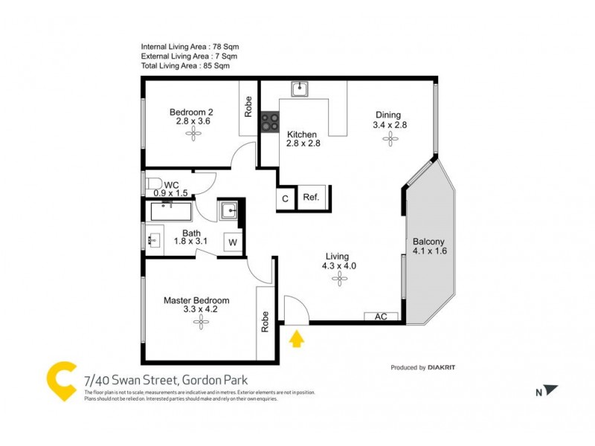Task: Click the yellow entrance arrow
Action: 297,340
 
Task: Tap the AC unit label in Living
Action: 381,316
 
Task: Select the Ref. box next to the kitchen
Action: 311,198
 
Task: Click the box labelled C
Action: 286,198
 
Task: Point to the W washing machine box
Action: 232,242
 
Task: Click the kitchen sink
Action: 300,90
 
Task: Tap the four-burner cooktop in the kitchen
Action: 269,122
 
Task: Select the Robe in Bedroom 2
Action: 248,109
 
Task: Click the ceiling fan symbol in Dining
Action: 387,140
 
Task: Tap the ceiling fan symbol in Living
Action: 340,279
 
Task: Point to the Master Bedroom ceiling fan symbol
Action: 199,320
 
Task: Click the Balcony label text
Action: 428,241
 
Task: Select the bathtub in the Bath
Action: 170,213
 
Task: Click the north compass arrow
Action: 550,390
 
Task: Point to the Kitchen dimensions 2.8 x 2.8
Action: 303,143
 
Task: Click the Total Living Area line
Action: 185,65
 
